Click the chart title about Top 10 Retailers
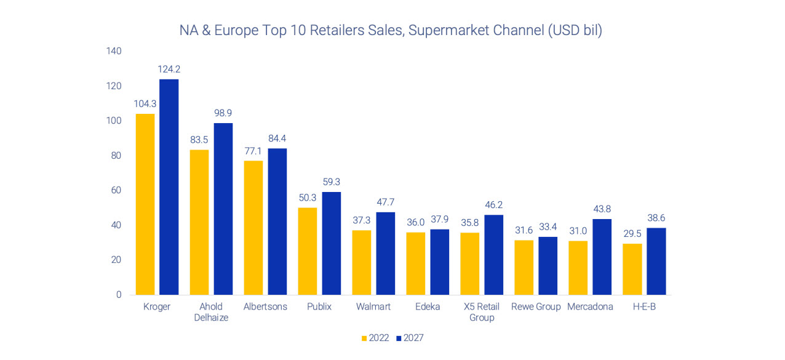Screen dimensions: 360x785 [x=390, y=30]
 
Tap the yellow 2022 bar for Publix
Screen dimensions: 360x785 [x=308, y=251]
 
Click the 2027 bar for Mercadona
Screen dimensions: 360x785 [x=602, y=257]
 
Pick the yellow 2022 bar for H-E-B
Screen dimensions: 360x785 [x=632, y=269]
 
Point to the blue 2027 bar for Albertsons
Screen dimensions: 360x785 [x=277, y=222]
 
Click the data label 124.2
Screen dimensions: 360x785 [x=169, y=70]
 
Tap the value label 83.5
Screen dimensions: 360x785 [x=199, y=140]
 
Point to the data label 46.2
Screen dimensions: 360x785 [x=493, y=206]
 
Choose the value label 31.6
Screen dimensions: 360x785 [x=524, y=230]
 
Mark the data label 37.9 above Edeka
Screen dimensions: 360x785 [x=439, y=220]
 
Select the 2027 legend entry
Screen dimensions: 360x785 [x=410, y=338]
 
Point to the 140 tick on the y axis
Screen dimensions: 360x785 [x=114, y=51]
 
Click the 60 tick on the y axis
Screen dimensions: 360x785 [x=116, y=190]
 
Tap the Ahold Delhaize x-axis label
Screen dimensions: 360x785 [x=210, y=312]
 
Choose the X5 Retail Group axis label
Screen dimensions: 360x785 [x=482, y=312]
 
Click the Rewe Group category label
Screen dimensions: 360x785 [x=536, y=306]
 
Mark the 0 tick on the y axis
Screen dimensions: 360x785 [x=119, y=295]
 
